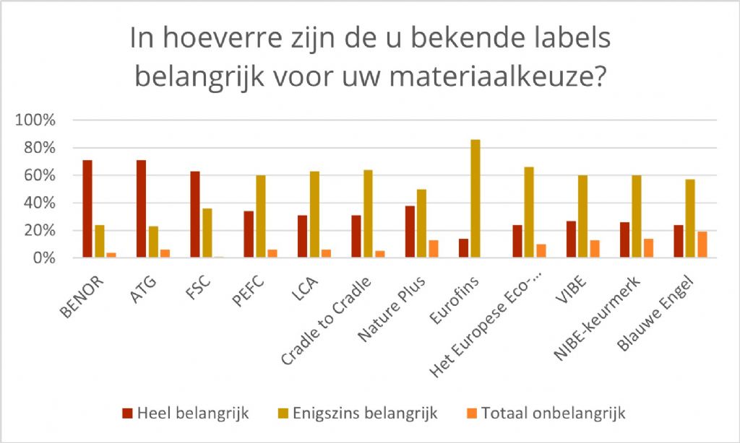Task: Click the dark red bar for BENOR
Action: (87, 209)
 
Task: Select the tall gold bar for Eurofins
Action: (475, 198)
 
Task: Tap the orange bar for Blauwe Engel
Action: (702, 245)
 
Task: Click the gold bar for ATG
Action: (153, 242)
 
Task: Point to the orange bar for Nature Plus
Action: (433, 249)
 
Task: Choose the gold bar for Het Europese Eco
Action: (528, 212)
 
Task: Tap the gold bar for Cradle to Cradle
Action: (368, 214)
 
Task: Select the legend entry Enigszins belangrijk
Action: (356, 413)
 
